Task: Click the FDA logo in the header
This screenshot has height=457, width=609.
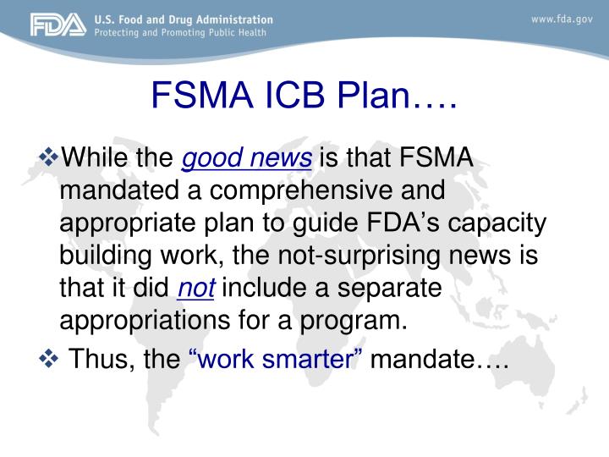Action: coord(58,26)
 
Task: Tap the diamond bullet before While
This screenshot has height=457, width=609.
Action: coord(50,156)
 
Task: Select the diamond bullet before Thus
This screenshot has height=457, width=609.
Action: coord(50,359)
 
